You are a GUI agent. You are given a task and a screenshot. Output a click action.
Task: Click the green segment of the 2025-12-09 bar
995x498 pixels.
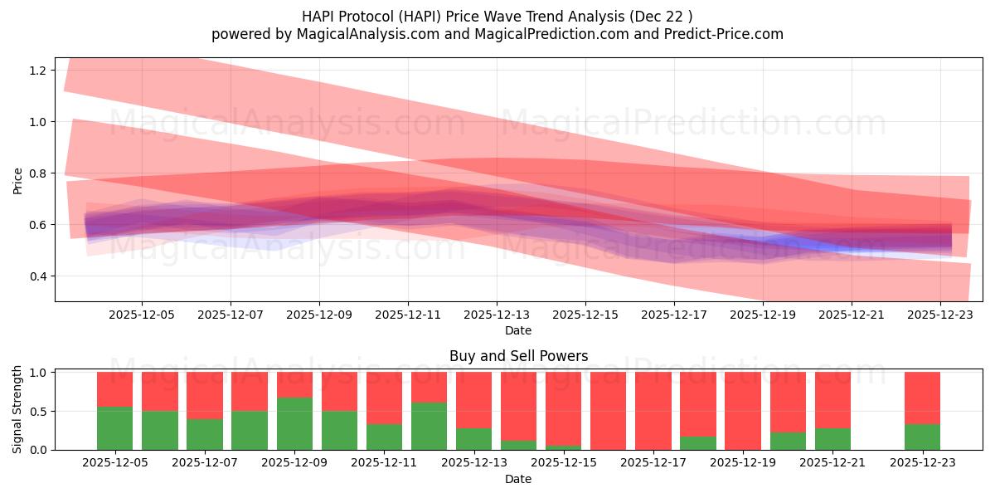[x=294, y=423]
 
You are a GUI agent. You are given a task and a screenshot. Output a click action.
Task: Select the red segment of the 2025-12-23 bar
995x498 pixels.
[x=922, y=398]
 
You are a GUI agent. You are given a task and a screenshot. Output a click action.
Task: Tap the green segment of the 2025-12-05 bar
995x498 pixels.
[x=114, y=428]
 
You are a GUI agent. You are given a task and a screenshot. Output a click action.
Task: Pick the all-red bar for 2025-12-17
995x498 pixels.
[x=653, y=411]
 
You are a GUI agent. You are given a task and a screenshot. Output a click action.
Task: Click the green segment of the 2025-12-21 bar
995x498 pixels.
[x=832, y=439]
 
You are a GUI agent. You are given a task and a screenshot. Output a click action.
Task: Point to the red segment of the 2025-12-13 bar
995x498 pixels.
[x=473, y=399]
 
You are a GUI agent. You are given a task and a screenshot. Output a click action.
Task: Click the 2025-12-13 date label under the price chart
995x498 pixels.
[x=497, y=315]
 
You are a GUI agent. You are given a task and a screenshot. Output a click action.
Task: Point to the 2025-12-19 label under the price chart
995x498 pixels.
[x=763, y=315]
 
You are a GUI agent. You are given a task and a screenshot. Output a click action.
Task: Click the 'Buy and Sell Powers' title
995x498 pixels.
[x=518, y=356]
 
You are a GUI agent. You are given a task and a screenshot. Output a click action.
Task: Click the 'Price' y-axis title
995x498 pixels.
[x=17, y=180]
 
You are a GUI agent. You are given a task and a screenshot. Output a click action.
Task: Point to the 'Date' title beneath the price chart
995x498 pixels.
[x=518, y=330]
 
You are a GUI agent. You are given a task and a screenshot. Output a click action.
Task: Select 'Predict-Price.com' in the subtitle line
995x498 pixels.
[x=727, y=34]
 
